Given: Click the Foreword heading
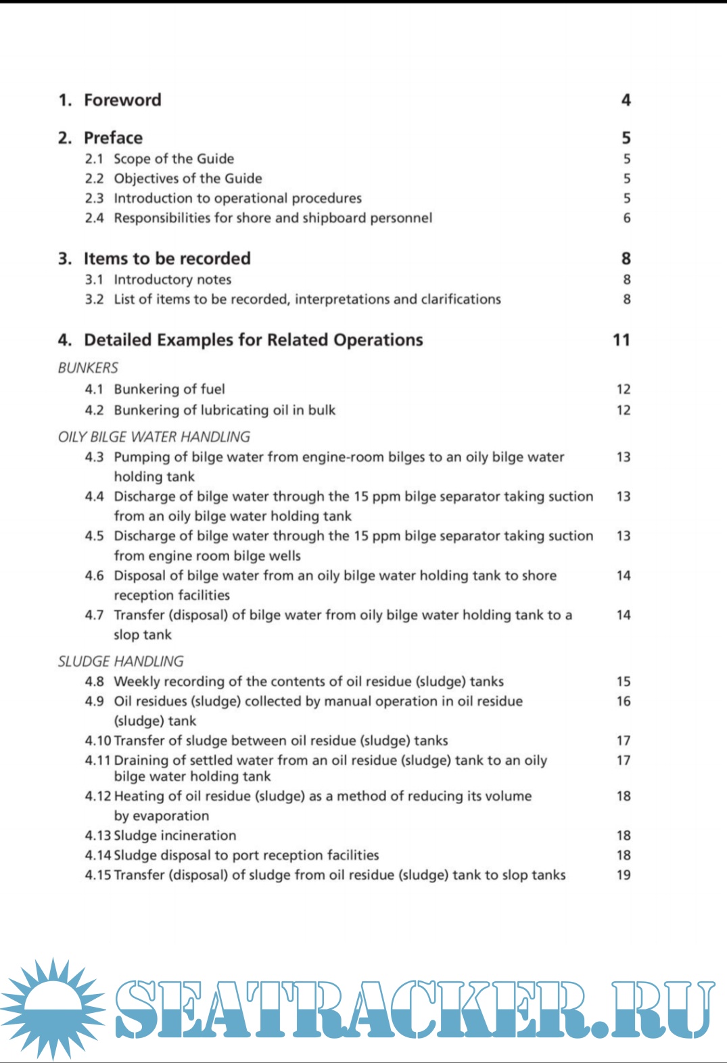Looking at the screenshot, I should pyautogui.click(x=122, y=100).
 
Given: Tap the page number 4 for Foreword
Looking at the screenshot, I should pyautogui.click(x=626, y=100).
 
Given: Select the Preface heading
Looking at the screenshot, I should pyautogui.click(x=113, y=138).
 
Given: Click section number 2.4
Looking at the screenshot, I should pyautogui.click(x=94, y=218).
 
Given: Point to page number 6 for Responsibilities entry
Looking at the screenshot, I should pyautogui.click(x=626, y=218).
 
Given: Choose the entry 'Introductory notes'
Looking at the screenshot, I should pyautogui.click(x=172, y=279).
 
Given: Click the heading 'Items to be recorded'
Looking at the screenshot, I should pyautogui.click(x=166, y=258).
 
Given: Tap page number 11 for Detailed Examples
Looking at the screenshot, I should pyautogui.click(x=621, y=339).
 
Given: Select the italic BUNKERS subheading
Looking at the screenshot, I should pyautogui.click(x=88, y=368).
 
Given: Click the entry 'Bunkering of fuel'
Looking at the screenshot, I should pyautogui.click(x=169, y=389).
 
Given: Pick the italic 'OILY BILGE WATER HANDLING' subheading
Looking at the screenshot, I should pyautogui.click(x=154, y=437).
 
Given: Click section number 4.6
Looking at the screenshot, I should pyautogui.click(x=94, y=575).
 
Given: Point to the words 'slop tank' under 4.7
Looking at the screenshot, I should pyautogui.click(x=143, y=634).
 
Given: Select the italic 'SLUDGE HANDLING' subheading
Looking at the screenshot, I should pyautogui.click(x=120, y=661).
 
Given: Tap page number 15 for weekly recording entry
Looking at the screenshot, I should pyautogui.click(x=623, y=682).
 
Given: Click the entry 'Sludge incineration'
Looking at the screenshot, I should pyautogui.click(x=174, y=835).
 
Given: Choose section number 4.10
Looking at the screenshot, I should pyautogui.click(x=97, y=740).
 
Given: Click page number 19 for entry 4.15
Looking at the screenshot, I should pyautogui.click(x=623, y=874).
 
